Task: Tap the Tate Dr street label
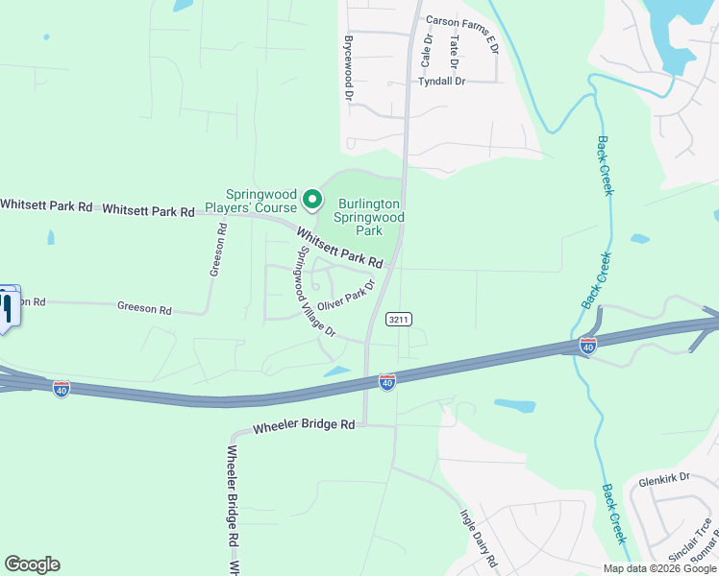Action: (455, 51)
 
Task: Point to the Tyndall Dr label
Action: (441, 82)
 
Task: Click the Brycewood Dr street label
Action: (349, 69)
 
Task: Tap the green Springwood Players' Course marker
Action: (312, 200)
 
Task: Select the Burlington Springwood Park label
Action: (369, 217)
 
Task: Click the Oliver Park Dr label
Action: (345, 297)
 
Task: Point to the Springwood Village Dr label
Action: (314, 292)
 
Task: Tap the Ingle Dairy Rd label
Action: (478, 538)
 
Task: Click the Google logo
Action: (32, 564)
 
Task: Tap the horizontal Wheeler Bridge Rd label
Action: (305, 426)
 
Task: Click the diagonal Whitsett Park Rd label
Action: (339, 247)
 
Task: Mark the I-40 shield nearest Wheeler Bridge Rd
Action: (387, 382)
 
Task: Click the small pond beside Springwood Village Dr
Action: (337, 372)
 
